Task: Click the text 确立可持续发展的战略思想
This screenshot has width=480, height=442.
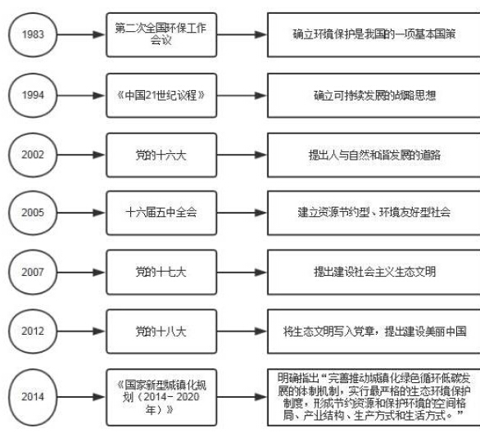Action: pyautogui.click(x=374, y=96)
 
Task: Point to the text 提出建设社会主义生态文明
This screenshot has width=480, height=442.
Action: pyautogui.click(x=374, y=272)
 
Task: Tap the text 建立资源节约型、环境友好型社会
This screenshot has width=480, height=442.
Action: pyautogui.click(x=374, y=212)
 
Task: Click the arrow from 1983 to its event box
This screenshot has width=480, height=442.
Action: pyautogui.click(x=81, y=34)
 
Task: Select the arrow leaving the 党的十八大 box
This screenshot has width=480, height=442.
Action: pyautogui.click(x=242, y=331)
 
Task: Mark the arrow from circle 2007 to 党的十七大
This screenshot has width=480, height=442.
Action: pyautogui.click(x=81, y=273)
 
